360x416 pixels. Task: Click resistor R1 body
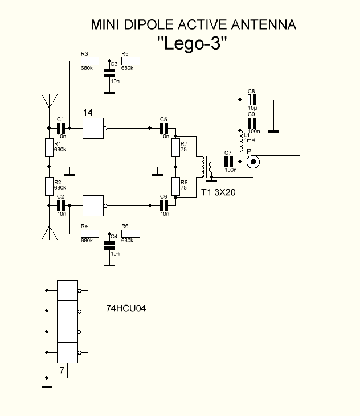pos(48,148)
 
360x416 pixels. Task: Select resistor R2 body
pos(48,186)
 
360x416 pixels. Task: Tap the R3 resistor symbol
pos(89,61)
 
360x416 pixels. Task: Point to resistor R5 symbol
pos(130,61)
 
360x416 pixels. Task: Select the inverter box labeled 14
pos(94,128)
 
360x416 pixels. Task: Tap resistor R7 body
pos(177,148)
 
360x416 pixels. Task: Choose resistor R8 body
pos(177,186)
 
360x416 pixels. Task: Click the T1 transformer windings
pos(205,166)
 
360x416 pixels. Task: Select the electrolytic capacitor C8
pos(251,100)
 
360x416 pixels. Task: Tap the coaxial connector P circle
pos(252,162)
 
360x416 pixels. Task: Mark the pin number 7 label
pos(61,371)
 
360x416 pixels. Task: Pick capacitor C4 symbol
pos(108,246)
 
